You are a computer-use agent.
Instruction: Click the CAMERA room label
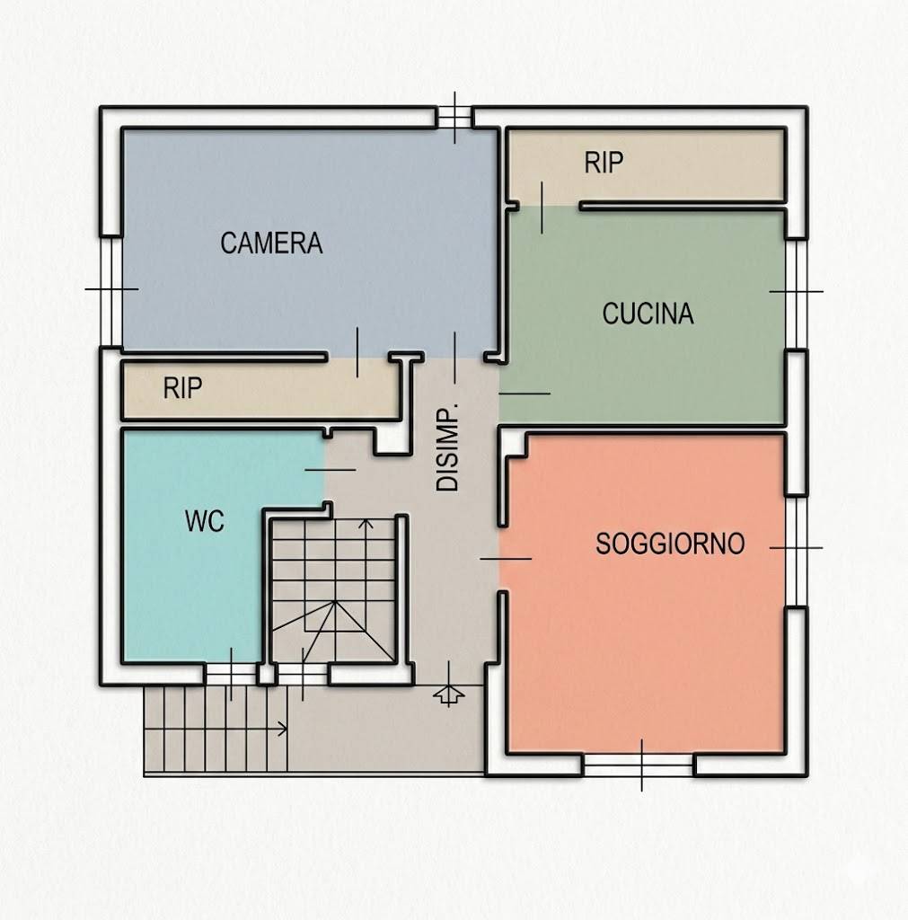pos(271,243)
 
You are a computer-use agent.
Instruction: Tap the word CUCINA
pos(648,314)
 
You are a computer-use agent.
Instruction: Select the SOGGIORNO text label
pos(670,544)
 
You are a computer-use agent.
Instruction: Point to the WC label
pos(204,521)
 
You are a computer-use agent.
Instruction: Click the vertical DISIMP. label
pos(447,447)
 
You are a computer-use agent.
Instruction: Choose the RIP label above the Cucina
pos(604,163)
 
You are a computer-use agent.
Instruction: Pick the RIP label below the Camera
pos(182,388)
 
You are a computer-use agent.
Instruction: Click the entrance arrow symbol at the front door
pos(448,694)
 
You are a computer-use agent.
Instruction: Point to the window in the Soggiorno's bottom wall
pos(640,765)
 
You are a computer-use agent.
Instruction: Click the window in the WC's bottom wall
pos(230,674)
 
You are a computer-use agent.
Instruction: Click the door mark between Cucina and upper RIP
pos(542,207)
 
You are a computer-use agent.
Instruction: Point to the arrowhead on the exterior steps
pos(284,728)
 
